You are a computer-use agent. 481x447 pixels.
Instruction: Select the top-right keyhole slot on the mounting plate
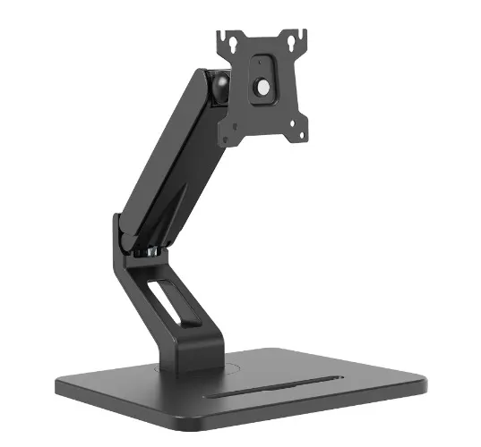tap(292, 40)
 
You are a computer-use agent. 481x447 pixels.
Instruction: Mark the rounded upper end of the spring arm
tap(202, 82)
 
